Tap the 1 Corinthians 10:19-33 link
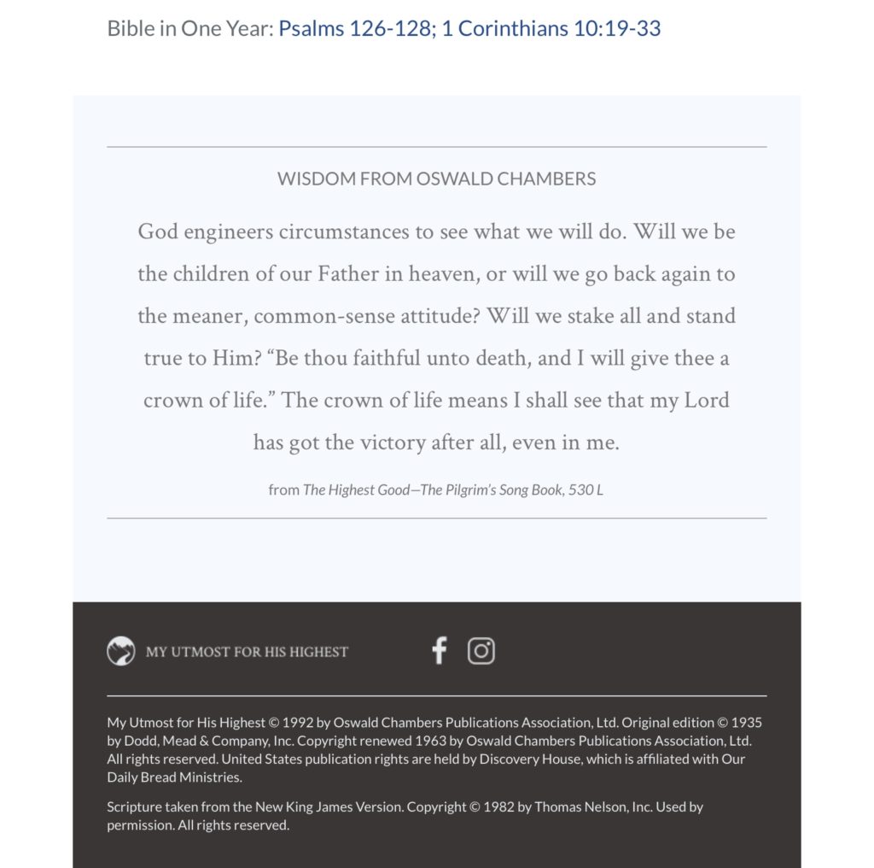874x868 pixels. [x=551, y=28]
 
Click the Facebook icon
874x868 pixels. [x=439, y=651]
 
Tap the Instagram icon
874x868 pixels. [x=481, y=651]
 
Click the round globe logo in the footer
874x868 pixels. [x=121, y=651]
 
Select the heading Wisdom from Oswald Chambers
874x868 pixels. [x=436, y=179]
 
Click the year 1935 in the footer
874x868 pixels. [x=747, y=723]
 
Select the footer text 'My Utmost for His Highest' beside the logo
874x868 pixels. [x=247, y=652]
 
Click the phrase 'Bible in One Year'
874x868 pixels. [x=189, y=28]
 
